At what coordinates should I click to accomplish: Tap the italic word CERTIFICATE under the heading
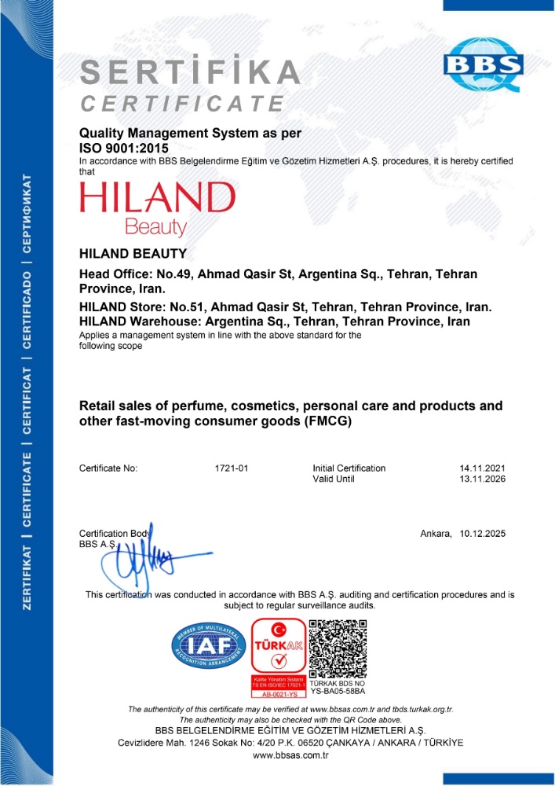[x=183, y=103]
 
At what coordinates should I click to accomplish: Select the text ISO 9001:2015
[x=124, y=146]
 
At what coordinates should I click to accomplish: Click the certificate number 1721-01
[x=232, y=468]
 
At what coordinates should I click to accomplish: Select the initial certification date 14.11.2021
[x=483, y=468]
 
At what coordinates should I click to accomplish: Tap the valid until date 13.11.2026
[x=483, y=479]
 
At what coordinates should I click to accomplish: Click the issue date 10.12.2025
[x=483, y=534]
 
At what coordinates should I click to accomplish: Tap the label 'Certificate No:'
[x=108, y=468]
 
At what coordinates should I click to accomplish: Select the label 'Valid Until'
[x=335, y=479]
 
